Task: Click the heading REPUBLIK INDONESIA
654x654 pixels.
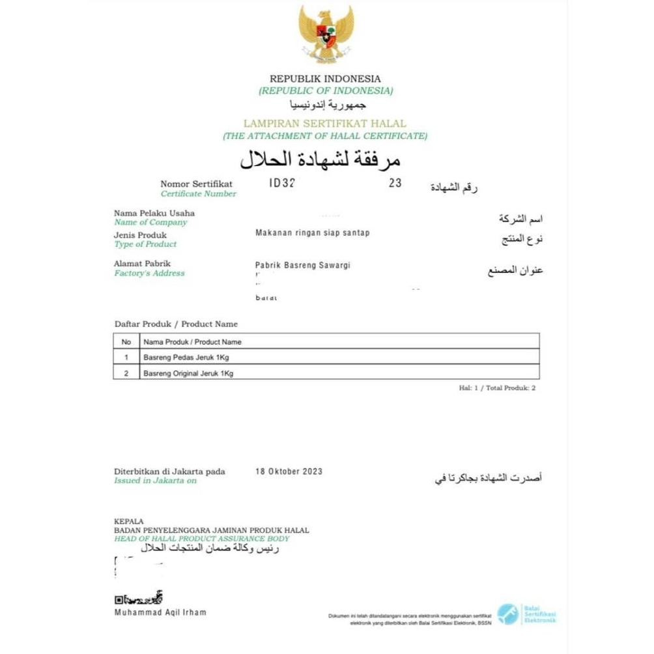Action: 325,79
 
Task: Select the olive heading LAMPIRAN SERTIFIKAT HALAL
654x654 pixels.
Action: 324,123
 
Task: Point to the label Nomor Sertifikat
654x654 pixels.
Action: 196,184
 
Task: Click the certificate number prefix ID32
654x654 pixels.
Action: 282,184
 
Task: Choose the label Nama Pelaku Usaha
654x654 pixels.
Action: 154,213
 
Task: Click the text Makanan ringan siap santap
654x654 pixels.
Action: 312,233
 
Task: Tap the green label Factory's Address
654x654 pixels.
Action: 149,274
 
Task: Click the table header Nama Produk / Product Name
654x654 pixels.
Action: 192,341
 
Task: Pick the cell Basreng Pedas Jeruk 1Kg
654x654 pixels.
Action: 186,358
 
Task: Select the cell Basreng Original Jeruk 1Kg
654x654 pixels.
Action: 188,374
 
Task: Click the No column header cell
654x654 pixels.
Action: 126,341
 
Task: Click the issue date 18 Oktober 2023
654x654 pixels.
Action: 289,472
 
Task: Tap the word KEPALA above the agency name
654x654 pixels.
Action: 128,522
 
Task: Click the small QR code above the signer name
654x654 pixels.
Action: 119,600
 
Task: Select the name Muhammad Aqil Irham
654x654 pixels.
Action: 160,613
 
